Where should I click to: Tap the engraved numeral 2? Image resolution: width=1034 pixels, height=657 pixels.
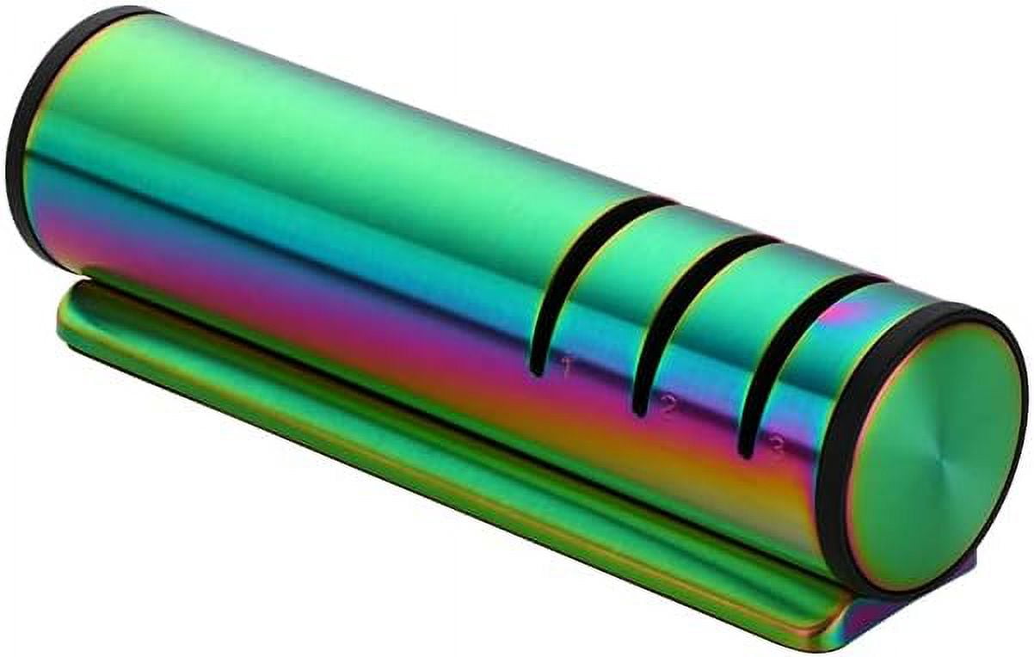(x=666, y=405)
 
